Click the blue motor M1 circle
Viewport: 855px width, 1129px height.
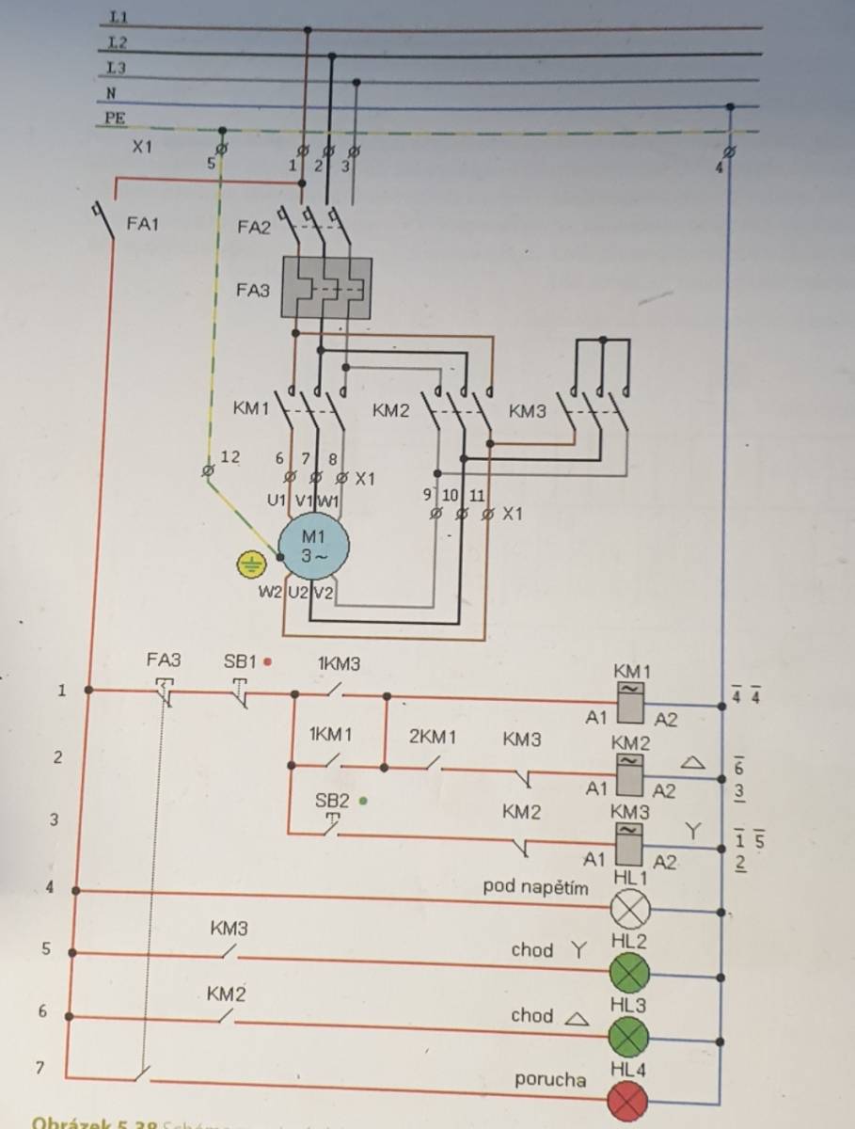tap(312, 545)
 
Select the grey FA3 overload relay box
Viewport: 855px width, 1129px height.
tap(326, 290)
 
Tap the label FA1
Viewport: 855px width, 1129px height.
tap(143, 225)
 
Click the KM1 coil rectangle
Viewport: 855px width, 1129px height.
tap(629, 700)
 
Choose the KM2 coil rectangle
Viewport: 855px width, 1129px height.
tap(629, 771)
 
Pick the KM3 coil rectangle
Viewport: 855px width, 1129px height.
tap(629, 843)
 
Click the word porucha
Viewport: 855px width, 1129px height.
tap(549, 1079)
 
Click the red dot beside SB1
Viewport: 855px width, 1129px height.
tap(268, 661)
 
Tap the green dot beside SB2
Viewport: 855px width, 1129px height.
tap(362, 802)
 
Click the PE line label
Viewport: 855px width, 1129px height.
tap(117, 119)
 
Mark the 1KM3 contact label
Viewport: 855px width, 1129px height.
tap(339, 663)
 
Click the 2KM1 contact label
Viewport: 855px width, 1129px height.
tap(433, 737)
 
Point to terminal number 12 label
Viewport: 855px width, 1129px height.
tap(230, 457)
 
